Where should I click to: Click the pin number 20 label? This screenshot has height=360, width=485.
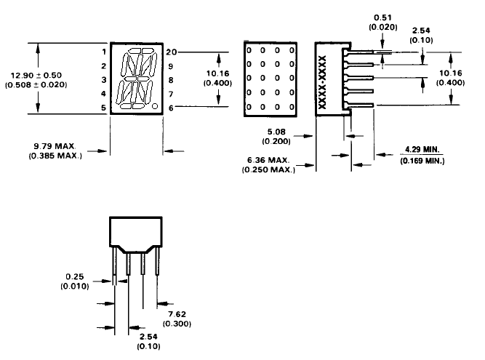click(x=170, y=52)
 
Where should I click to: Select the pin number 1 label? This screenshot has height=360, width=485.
click(x=104, y=52)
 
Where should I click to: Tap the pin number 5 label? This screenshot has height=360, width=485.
click(x=104, y=108)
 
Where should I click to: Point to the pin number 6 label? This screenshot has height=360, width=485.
click(x=170, y=108)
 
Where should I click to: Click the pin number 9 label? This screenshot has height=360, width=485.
click(x=170, y=66)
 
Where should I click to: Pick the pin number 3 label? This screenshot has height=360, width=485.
click(x=104, y=80)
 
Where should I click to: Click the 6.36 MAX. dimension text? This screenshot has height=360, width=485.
click(x=269, y=160)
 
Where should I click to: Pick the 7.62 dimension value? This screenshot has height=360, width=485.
click(x=173, y=315)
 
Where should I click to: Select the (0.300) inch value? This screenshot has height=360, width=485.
click(x=173, y=324)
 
